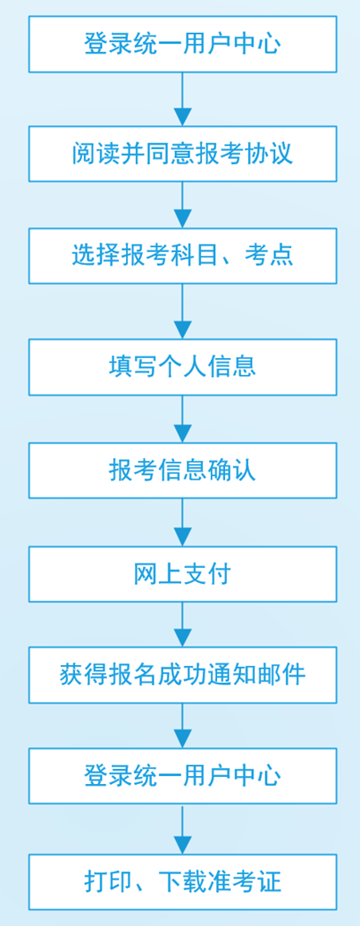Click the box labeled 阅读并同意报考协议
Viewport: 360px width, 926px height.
tap(182, 154)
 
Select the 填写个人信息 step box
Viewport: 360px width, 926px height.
tap(182, 367)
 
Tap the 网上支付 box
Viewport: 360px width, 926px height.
tap(182, 574)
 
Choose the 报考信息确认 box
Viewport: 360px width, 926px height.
tap(182, 470)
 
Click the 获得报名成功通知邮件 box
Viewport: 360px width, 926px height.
tap(182, 674)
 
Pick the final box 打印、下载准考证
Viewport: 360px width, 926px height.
tap(182, 881)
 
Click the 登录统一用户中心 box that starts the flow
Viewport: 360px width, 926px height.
tap(182, 45)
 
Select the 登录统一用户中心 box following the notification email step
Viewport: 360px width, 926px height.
tap(182, 775)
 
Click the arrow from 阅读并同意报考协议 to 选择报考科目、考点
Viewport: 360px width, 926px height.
tap(182, 204)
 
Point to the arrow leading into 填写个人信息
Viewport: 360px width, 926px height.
tap(182, 312)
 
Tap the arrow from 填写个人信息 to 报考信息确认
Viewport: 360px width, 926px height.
tap(182, 419)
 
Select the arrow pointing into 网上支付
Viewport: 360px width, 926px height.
tap(182, 522)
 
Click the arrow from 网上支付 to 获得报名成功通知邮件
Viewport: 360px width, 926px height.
tap(182, 624)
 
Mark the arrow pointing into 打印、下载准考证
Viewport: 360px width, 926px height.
tap(182, 829)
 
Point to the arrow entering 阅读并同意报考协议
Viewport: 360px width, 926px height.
tap(182, 99)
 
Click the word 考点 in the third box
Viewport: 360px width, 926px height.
tap(269, 256)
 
